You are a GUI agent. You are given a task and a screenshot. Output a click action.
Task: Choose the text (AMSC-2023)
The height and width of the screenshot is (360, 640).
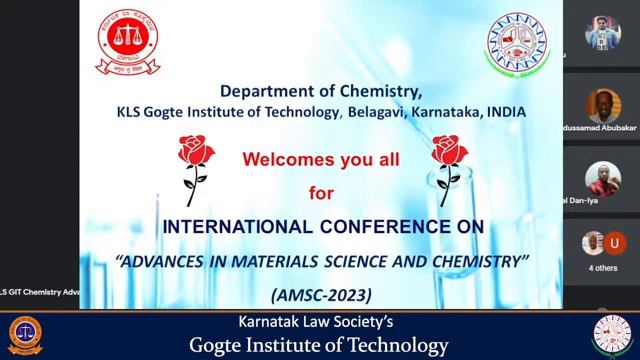pos(320,295)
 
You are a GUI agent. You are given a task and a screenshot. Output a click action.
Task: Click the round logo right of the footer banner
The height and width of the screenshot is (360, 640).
pos(612,336)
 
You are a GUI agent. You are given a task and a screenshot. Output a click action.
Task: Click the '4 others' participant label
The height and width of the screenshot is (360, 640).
pos(603,268)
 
